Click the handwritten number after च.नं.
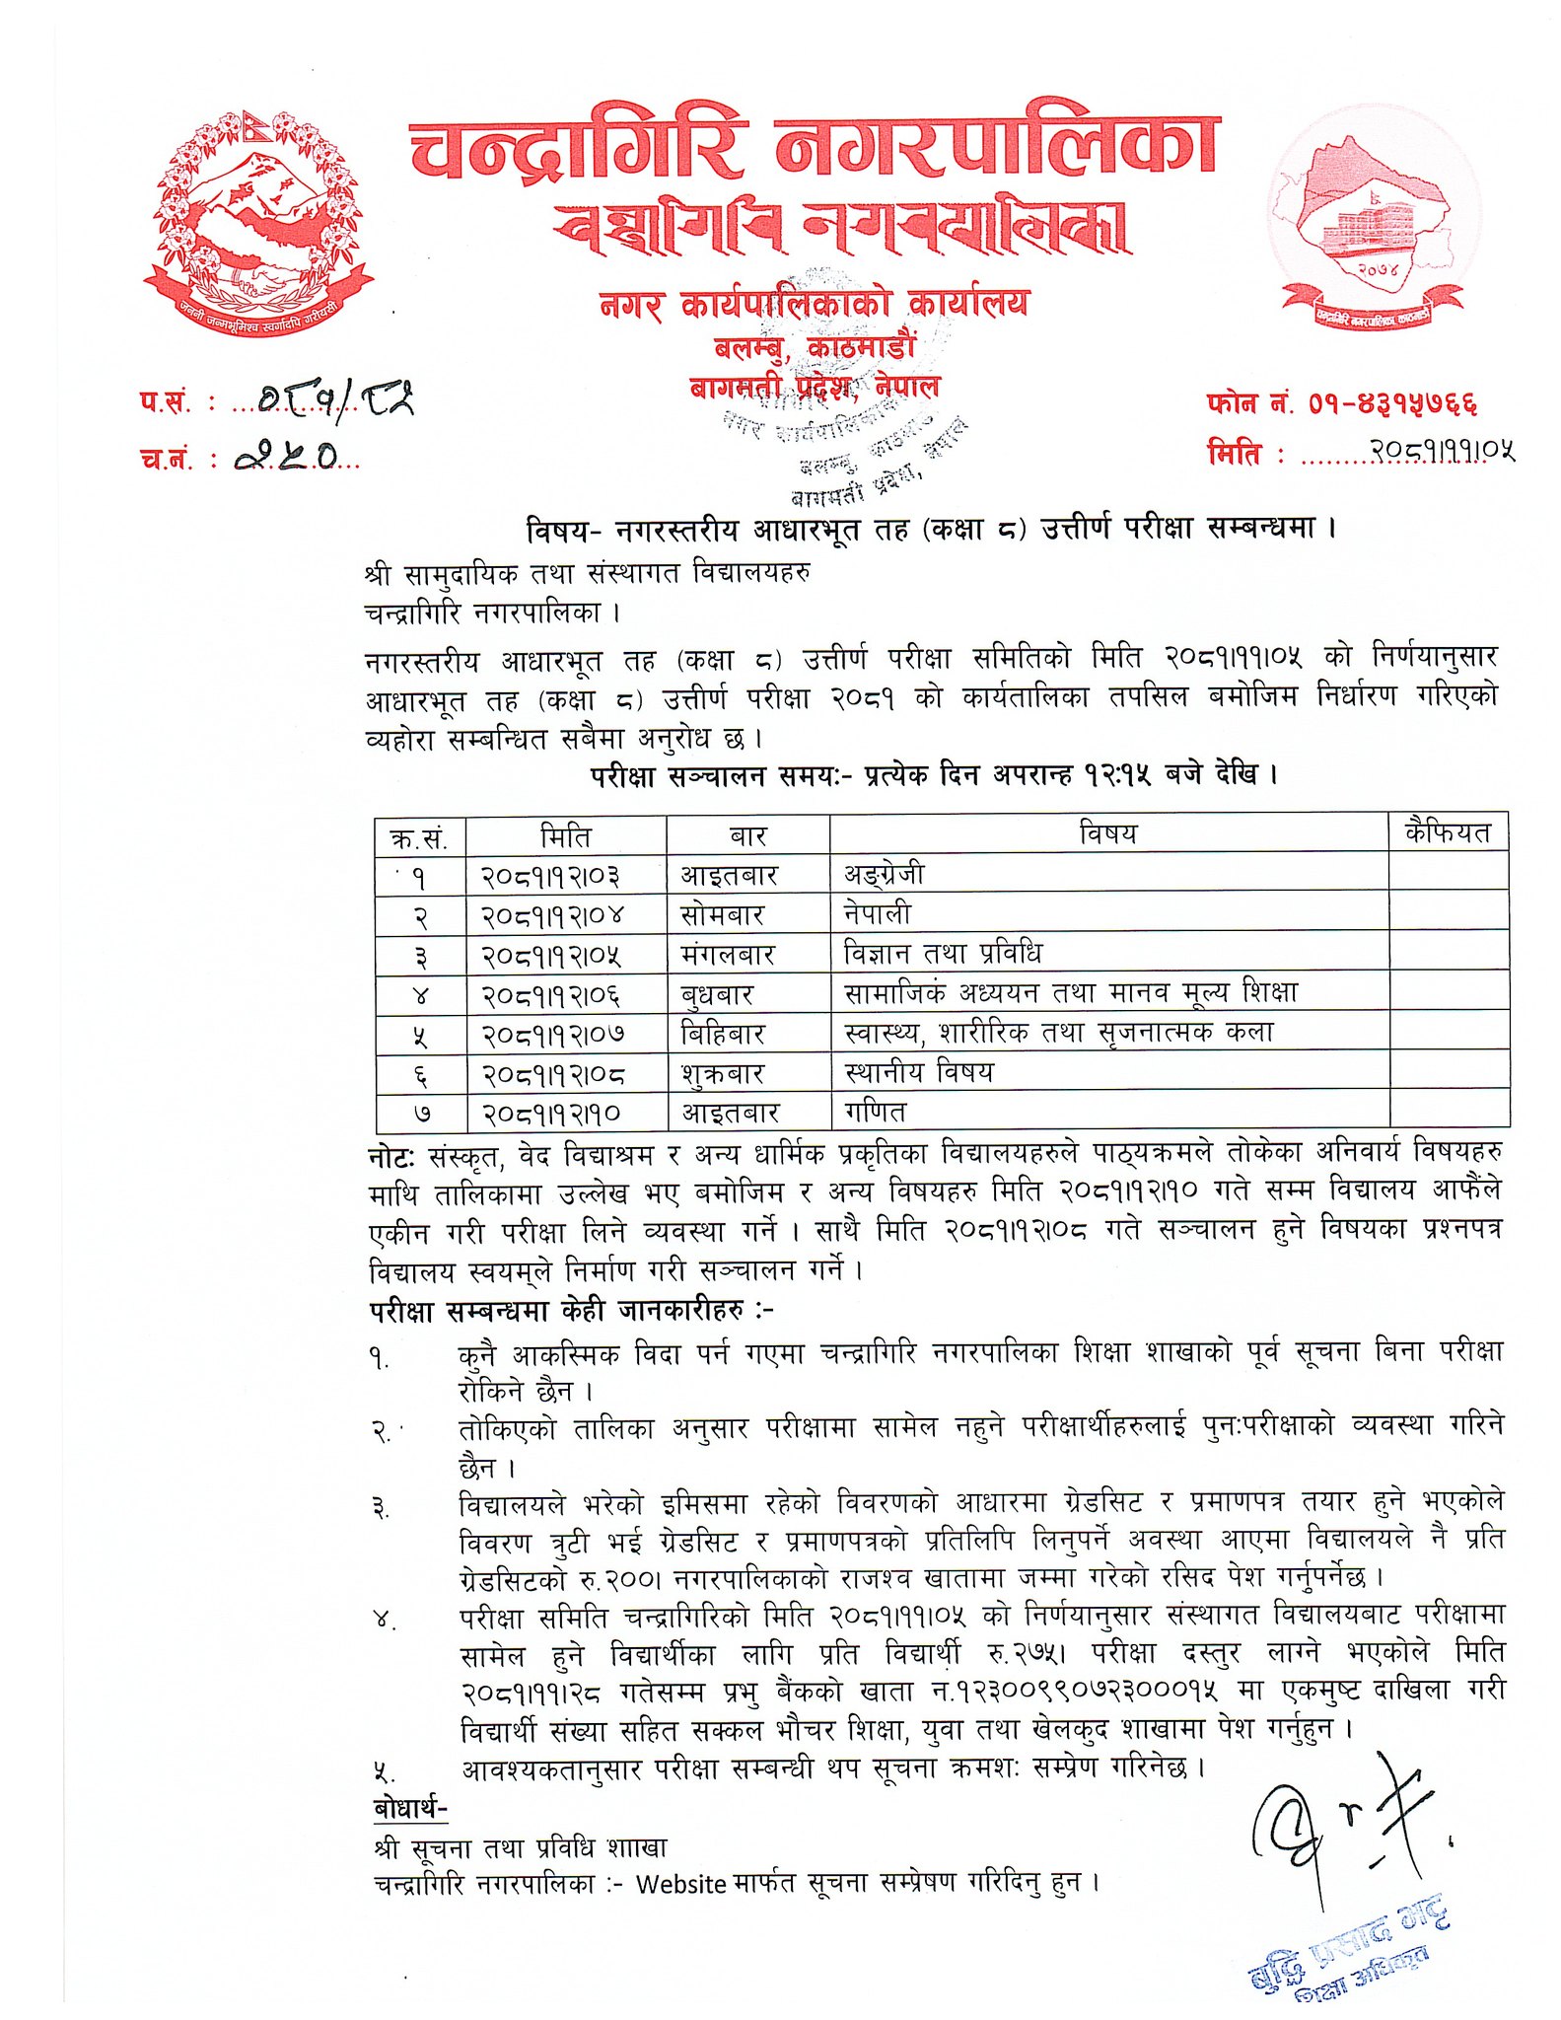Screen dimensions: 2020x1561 pyautogui.click(x=287, y=455)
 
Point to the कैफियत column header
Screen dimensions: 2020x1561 pyautogui.click(x=1447, y=832)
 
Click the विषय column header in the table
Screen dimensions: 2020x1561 pyautogui.click(x=1107, y=833)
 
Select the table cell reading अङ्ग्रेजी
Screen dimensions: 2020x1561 pyautogui.click(x=885, y=874)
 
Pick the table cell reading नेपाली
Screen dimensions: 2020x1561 pyautogui.click(x=878, y=913)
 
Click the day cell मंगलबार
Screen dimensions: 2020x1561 pyautogui.click(x=728, y=955)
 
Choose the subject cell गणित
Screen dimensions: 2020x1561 pyautogui.click(x=875, y=1113)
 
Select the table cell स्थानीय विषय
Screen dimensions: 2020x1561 pyautogui.click(x=919, y=1072)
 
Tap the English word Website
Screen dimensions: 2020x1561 pyautogui.click(x=681, y=1884)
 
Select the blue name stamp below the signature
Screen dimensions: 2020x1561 pyautogui.click(x=1346, y=1952)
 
